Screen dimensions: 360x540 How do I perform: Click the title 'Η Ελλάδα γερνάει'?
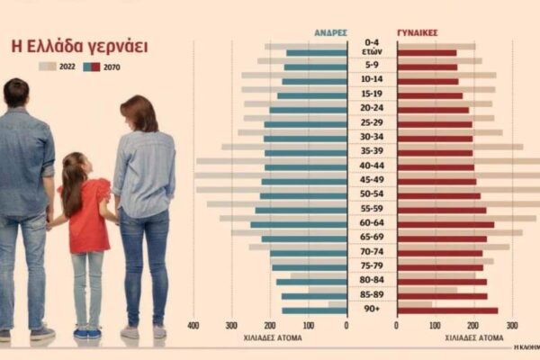coord(79,46)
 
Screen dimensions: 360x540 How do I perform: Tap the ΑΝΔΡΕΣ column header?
coord(330,31)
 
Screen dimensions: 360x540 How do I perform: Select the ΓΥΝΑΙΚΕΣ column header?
coord(418,31)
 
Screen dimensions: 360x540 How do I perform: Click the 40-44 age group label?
coord(372,165)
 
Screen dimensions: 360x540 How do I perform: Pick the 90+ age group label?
coord(372,310)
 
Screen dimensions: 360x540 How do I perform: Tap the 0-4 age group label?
coord(372,42)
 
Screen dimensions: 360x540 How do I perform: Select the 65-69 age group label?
coord(372,237)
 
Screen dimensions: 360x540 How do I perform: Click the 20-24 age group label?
coord(372,107)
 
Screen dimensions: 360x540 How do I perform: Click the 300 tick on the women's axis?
coord(512,325)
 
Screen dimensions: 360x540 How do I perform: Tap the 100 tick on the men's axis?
coord(309,325)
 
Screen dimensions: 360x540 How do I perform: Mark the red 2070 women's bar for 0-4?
coord(427,52)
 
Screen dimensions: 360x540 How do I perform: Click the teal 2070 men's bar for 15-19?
coord(312,95)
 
